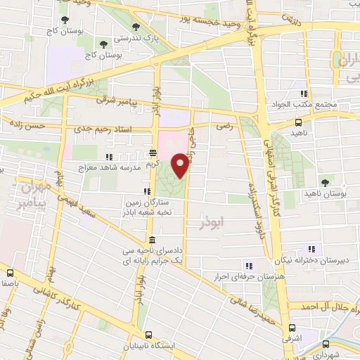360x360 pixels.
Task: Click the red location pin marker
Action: pyautogui.click(x=180, y=165)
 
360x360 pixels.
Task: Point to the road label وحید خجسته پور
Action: pyautogui.click(x=176, y=15)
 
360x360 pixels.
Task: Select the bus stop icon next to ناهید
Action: pyautogui.click(x=298, y=122)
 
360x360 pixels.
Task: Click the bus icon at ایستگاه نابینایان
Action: pyautogui.click(x=148, y=335)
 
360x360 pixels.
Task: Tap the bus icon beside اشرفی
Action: pyautogui.click(x=292, y=328)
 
